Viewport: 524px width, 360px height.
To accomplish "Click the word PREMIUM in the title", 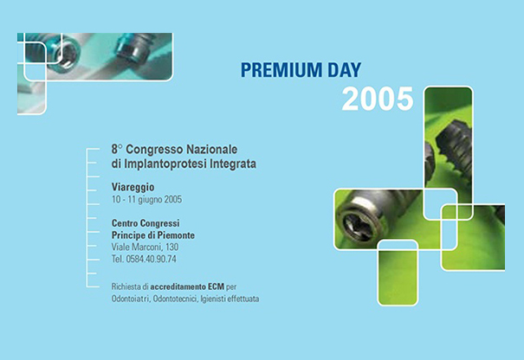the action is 281,70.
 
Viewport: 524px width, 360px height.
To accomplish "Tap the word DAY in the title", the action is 345,70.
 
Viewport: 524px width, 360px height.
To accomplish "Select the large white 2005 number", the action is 378,99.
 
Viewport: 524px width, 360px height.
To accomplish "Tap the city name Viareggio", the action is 133,187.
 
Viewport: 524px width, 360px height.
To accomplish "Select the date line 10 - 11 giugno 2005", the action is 146,200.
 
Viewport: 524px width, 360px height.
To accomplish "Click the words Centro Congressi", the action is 146,223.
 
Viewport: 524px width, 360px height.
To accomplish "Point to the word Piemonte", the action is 176,235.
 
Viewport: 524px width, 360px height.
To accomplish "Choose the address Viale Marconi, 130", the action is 145,247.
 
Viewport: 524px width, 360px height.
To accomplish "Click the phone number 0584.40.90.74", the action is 151,259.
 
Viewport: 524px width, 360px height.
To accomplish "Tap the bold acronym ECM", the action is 216,286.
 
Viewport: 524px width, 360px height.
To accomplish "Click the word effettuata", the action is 243,299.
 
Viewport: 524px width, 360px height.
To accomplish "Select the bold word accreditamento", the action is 178,286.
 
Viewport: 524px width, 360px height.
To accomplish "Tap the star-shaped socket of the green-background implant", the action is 358,223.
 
